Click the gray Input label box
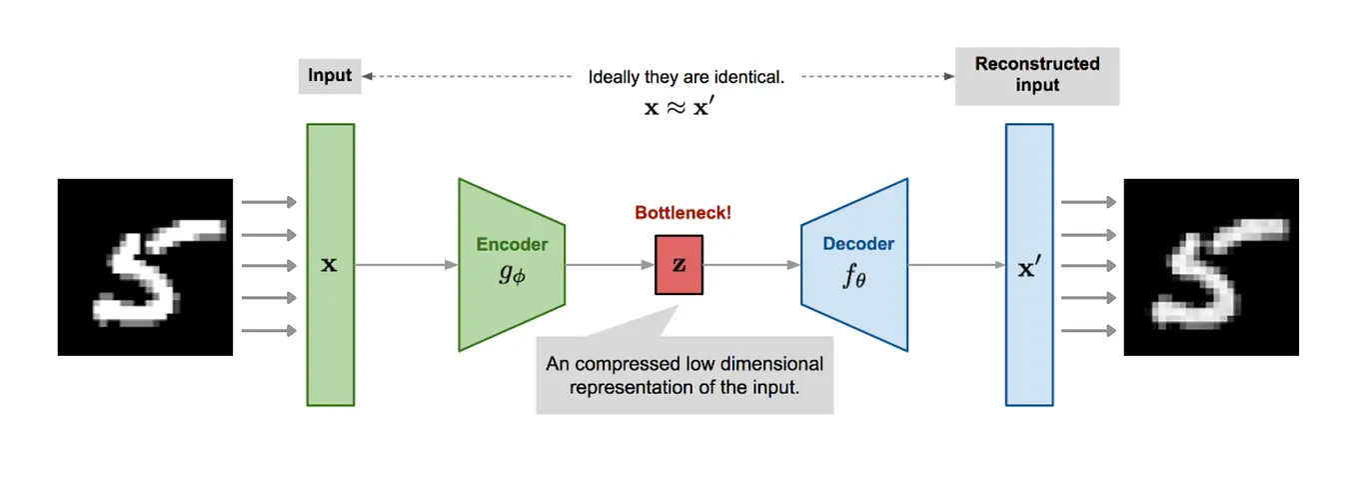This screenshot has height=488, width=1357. pos(330,76)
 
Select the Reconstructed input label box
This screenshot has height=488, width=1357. pos(1036,75)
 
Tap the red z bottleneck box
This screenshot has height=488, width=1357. pos(678,265)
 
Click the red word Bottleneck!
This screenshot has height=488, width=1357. pos(682,213)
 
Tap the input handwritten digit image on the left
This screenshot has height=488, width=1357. pos(145,267)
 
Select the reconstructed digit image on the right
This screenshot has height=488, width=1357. pos(1211,267)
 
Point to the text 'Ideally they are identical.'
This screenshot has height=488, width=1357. pos(685,77)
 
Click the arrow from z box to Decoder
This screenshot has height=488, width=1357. pos(751,265)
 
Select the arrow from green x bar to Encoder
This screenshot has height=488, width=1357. pos(406,265)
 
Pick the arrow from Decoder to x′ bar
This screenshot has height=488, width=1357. pos(955,265)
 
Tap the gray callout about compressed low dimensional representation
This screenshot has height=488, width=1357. pos(684,376)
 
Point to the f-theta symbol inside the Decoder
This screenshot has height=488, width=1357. pos(854,276)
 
